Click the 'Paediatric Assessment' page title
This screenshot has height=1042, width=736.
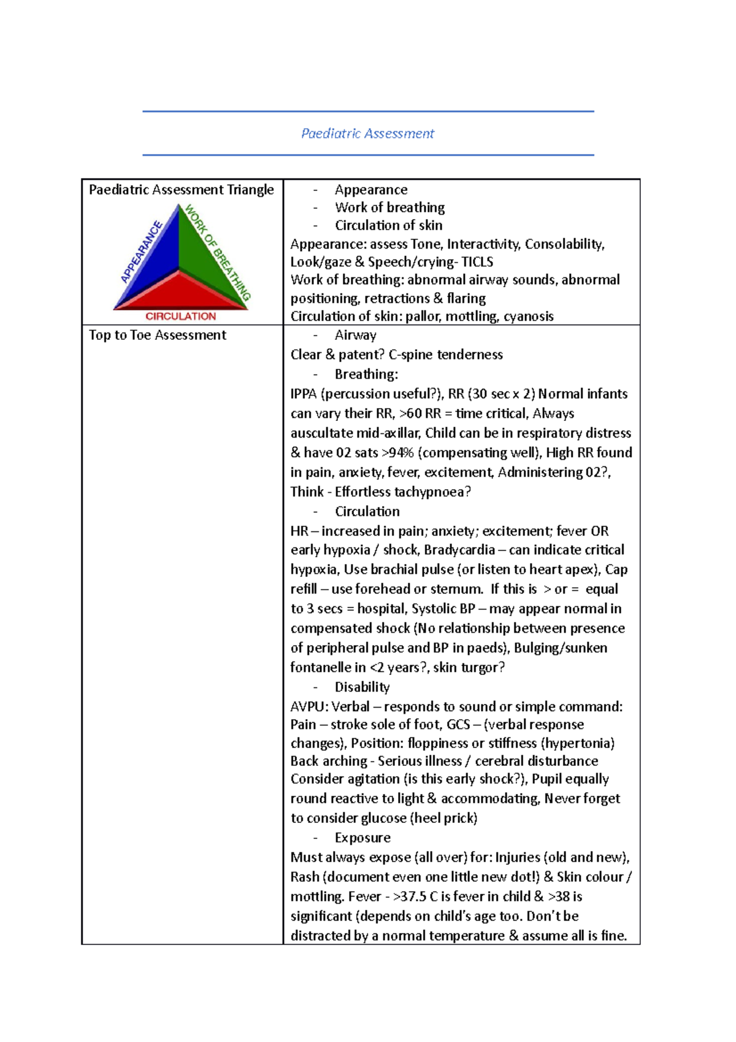367,133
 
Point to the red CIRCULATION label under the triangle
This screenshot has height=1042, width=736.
180,317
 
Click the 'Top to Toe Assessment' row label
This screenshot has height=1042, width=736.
158,335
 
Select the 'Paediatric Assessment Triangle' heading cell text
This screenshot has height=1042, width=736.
181,190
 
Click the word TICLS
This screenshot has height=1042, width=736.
477,262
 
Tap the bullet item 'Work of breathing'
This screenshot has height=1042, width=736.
389,207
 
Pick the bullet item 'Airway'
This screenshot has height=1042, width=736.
355,335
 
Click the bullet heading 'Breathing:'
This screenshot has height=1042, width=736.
366,374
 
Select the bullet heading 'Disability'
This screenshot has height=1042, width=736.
362,687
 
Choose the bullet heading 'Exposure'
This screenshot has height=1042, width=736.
362,838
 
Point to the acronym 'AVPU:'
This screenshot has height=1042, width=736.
309,707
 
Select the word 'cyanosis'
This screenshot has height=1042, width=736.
528,317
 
